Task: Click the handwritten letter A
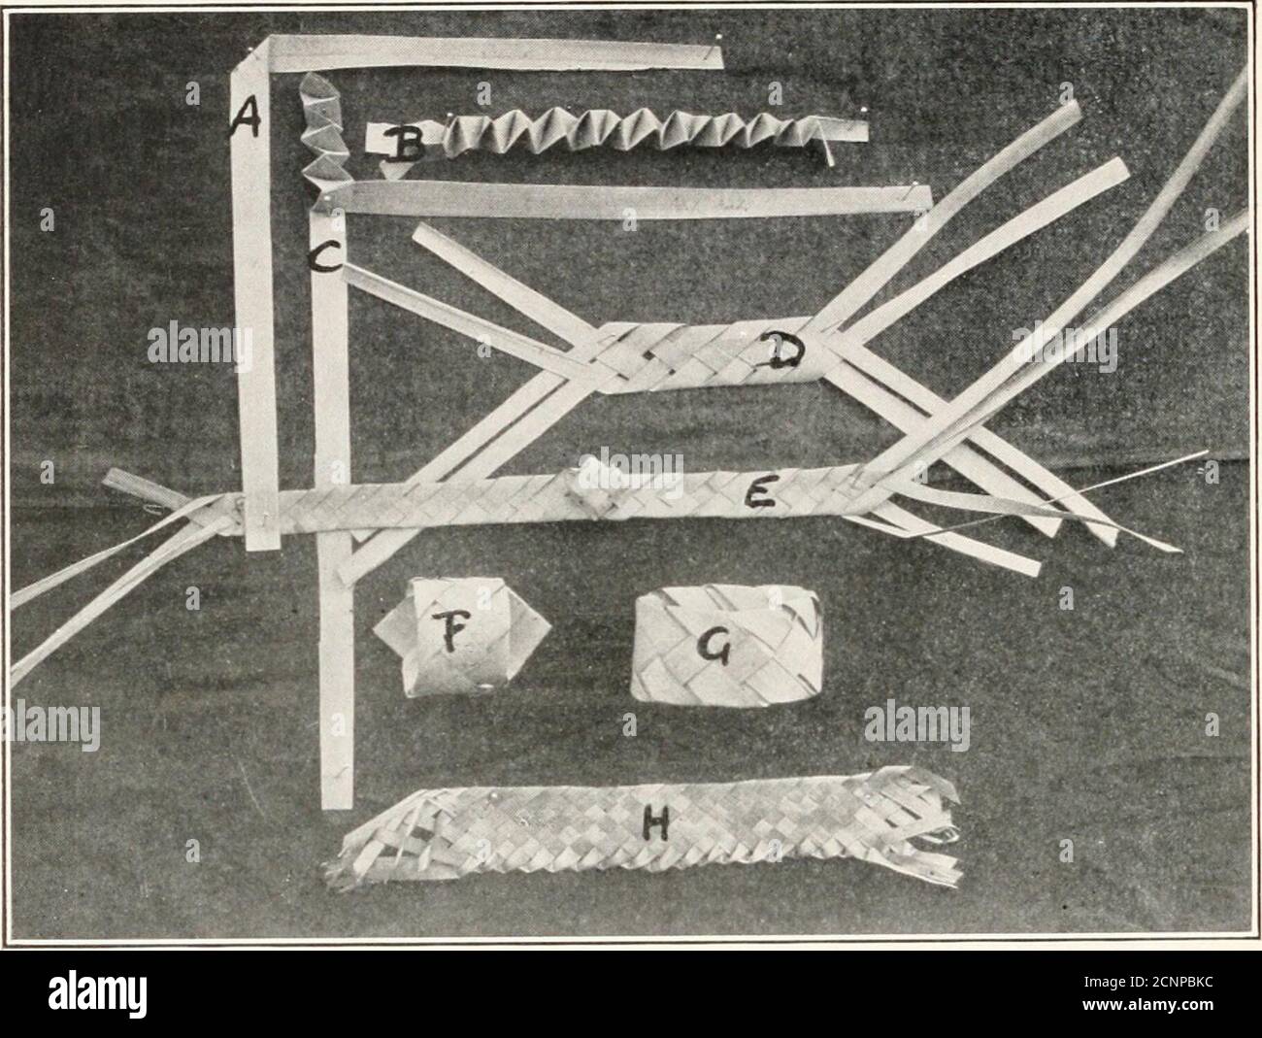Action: (x=246, y=117)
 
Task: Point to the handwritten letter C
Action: (x=325, y=257)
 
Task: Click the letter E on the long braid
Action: (x=762, y=492)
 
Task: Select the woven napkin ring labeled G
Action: (x=727, y=646)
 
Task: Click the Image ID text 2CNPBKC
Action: (x=1148, y=983)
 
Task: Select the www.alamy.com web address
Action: (x=1148, y=1004)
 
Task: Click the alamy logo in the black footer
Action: (x=97, y=993)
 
